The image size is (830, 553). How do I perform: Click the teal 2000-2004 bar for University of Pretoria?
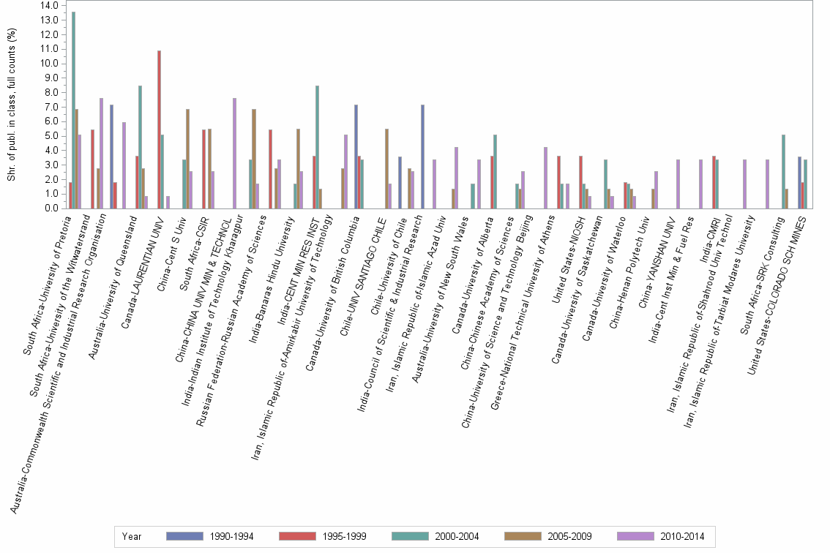click(73, 110)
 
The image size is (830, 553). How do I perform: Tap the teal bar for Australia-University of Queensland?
click(140, 147)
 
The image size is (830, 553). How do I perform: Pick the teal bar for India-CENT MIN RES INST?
click(317, 147)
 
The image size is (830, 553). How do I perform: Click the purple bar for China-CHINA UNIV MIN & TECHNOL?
click(234, 154)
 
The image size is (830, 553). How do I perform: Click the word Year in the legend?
click(132, 536)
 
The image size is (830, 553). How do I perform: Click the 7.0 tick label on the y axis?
click(51, 107)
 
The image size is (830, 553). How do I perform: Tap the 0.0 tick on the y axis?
click(51, 208)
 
